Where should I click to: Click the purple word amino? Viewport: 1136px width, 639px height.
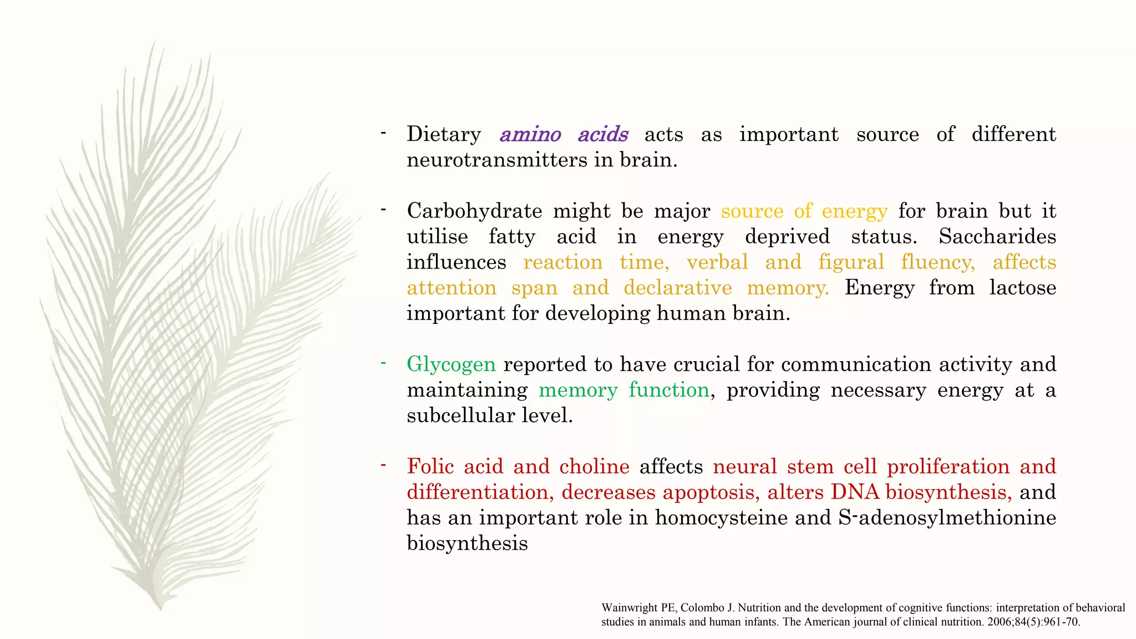[x=530, y=134]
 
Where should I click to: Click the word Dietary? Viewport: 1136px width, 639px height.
[x=444, y=134]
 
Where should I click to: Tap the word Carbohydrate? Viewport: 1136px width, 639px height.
[x=474, y=211]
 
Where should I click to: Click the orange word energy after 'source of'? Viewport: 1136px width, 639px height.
[x=854, y=211]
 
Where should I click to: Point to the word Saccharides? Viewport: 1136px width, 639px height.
[x=997, y=236]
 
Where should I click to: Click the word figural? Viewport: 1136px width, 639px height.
[x=851, y=262]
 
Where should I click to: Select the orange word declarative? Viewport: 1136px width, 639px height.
[x=677, y=287]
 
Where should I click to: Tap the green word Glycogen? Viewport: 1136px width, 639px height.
[x=451, y=364]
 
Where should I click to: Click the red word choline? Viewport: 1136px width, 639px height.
[x=594, y=466]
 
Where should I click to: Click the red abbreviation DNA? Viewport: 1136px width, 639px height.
[x=855, y=492]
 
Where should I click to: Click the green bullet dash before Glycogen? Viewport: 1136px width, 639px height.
[x=383, y=363]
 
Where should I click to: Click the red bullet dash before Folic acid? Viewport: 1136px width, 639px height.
[x=383, y=465]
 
